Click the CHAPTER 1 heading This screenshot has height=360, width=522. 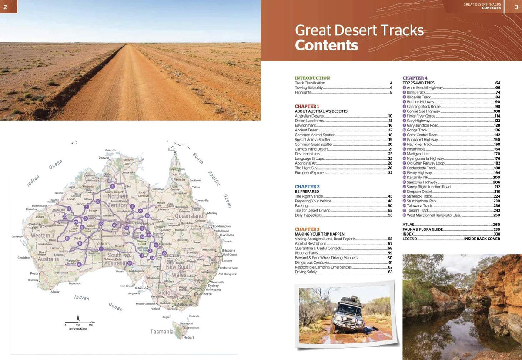click(x=306, y=106)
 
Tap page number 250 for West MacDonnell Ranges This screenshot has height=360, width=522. click(x=496, y=215)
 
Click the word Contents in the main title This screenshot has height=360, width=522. click(x=326, y=45)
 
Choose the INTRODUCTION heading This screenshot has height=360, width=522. click(x=312, y=78)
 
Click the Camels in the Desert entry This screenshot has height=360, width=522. click(x=310, y=149)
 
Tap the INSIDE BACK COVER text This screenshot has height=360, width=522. click(x=482, y=239)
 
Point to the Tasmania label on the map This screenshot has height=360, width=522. click(x=162, y=332)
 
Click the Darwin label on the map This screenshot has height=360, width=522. click(x=104, y=158)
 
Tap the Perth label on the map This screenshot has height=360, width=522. click(x=34, y=273)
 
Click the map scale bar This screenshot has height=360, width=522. click(x=78, y=323)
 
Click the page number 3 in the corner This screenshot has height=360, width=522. click(x=516, y=6)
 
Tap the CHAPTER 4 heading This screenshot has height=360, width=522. click(x=415, y=78)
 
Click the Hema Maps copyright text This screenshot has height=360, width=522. click(x=76, y=329)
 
